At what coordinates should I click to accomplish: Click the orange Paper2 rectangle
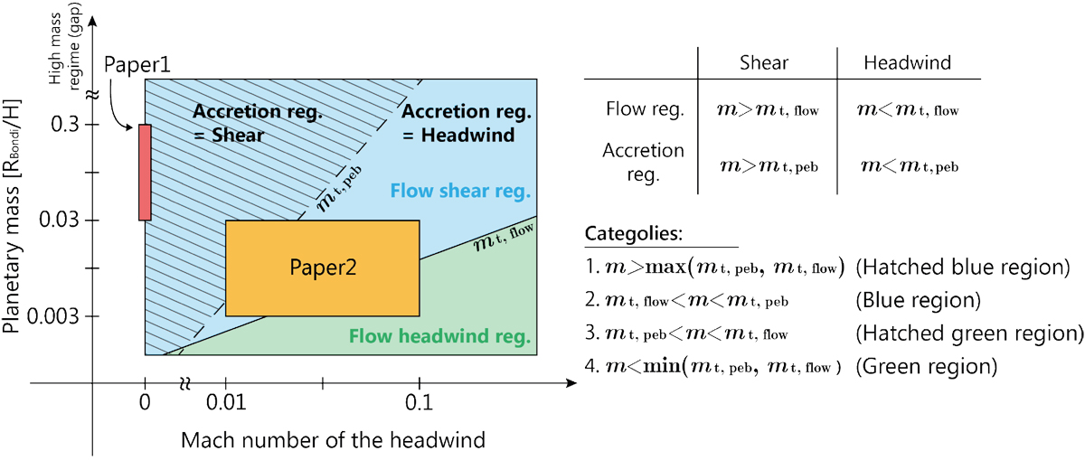(x=322, y=268)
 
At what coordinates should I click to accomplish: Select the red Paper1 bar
(x=145, y=172)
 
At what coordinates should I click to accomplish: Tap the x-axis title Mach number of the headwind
(x=334, y=440)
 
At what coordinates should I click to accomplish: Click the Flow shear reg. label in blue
(x=460, y=192)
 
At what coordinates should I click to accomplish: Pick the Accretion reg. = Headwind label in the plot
(x=458, y=124)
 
